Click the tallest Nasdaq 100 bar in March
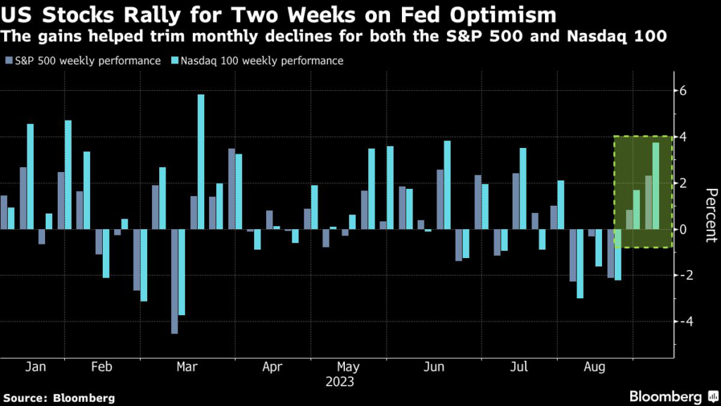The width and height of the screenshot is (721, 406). coord(201,161)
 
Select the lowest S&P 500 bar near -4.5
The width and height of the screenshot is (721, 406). coord(175,281)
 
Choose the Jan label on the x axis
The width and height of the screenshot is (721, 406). coord(35,367)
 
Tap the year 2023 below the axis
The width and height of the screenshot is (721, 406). coord(341,383)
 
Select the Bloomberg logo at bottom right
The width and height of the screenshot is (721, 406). coord(667,397)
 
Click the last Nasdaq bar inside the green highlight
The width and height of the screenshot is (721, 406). coord(656,186)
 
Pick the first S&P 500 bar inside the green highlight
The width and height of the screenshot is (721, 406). coord(629,219)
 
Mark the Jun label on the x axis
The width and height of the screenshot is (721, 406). coord(435,367)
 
